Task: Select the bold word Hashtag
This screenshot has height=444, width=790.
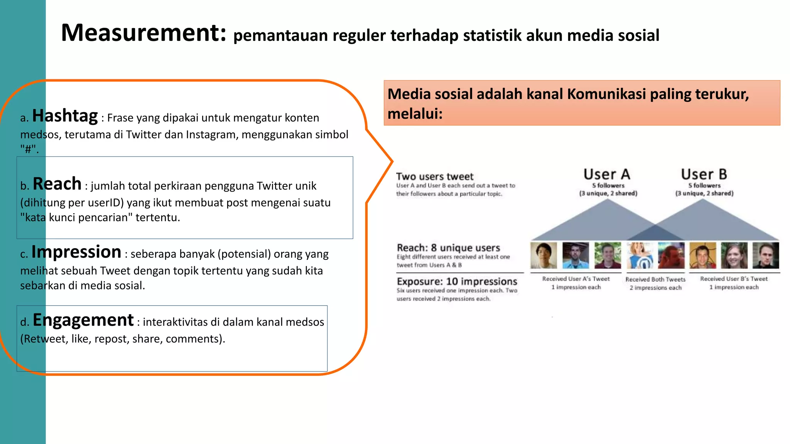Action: click(x=65, y=116)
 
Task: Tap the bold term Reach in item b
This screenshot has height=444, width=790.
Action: click(x=57, y=184)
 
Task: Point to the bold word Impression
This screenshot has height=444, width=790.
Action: click(x=76, y=252)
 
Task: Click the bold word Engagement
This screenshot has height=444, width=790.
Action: click(x=83, y=320)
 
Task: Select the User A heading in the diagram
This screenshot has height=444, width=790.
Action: click(x=607, y=175)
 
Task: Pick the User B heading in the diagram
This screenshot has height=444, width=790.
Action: click(x=704, y=175)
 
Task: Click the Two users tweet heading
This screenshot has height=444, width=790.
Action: click(x=434, y=177)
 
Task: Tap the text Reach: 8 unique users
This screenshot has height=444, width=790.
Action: click(x=448, y=248)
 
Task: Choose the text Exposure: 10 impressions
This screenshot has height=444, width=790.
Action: click(x=457, y=281)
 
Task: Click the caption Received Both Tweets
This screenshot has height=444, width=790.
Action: click(x=655, y=279)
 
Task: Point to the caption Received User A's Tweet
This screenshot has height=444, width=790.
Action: click(x=576, y=279)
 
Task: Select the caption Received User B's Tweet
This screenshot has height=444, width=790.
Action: click(x=734, y=279)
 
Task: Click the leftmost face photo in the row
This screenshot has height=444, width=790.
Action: click(x=544, y=255)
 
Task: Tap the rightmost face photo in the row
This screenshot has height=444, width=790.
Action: click(x=766, y=255)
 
